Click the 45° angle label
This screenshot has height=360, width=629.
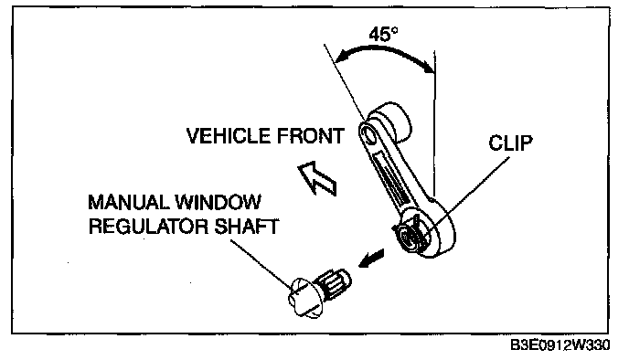383,34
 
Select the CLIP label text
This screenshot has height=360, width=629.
510,143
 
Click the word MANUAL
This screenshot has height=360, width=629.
129,202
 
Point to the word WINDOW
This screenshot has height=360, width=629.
219,202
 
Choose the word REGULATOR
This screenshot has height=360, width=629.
148,227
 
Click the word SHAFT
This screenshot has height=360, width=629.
246,227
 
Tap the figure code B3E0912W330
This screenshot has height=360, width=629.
560,345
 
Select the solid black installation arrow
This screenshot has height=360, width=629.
371,259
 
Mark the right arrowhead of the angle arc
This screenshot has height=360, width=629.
429,68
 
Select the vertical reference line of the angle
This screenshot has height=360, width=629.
434,122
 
